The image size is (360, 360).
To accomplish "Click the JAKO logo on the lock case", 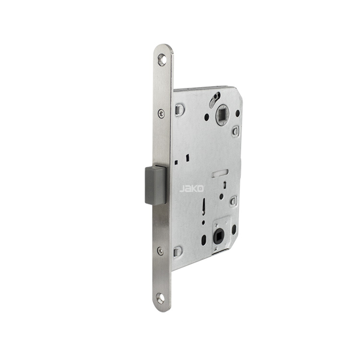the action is (191, 189).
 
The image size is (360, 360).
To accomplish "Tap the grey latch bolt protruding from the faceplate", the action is (156, 185).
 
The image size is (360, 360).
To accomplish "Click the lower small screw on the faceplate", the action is (160, 251).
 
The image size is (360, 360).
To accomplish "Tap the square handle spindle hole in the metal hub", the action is (222, 113).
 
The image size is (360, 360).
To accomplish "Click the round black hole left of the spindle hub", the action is (207, 117).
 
